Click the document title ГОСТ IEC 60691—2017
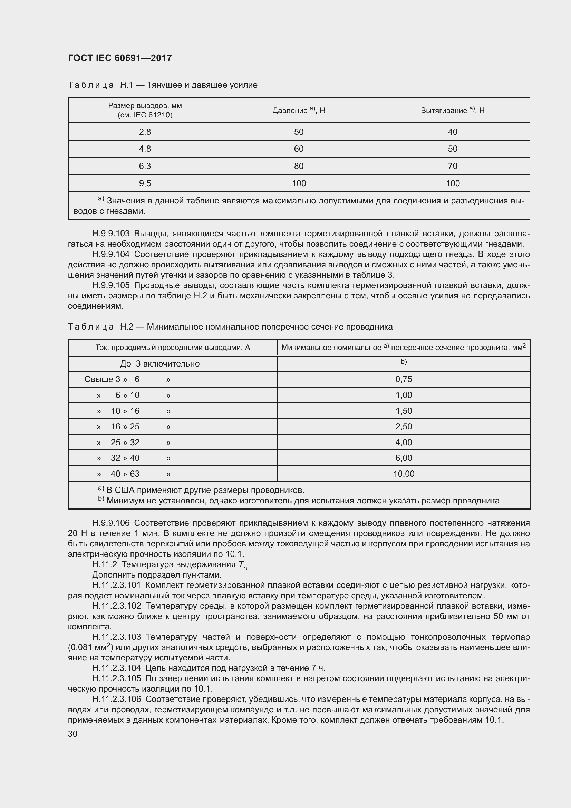point(119,58)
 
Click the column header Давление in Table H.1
point(290,111)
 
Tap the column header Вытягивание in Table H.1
point(444,111)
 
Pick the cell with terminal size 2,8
point(145,132)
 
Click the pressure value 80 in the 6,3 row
point(299,166)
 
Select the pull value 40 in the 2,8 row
point(453,132)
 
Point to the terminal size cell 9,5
point(145,183)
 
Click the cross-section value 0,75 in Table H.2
point(403,379)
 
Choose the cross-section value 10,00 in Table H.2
point(403,474)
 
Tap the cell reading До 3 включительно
point(159,364)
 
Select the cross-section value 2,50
point(403,427)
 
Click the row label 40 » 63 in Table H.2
point(125,474)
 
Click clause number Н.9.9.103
point(111,234)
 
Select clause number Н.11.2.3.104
point(116,668)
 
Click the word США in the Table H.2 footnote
point(124,490)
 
